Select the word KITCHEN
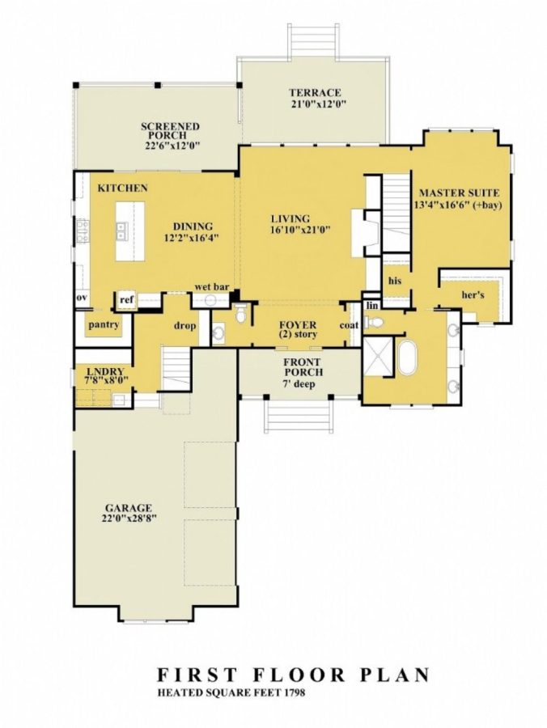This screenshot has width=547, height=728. (x=122, y=188)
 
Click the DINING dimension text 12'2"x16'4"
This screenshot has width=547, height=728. (x=192, y=238)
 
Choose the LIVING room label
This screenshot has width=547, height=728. (x=290, y=219)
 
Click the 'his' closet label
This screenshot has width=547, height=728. (x=395, y=281)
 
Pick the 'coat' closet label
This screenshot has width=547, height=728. (x=349, y=325)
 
